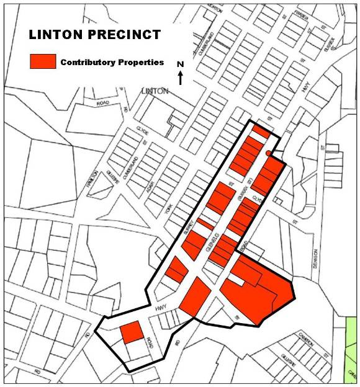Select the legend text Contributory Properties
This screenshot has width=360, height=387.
pyautogui.click(x=112, y=63)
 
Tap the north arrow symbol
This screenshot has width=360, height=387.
pyautogui.click(x=180, y=78)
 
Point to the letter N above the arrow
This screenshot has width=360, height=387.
pyautogui.click(x=180, y=64)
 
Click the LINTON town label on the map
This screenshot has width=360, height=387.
pyautogui.click(x=155, y=91)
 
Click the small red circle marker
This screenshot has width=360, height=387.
pyautogui.click(x=268, y=153)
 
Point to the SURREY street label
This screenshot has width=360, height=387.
pyautogui.click(x=189, y=226)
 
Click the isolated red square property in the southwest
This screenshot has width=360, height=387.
pyautogui.click(x=132, y=332)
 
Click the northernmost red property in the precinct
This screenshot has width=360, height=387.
pyautogui.click(x=261, y=132)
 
